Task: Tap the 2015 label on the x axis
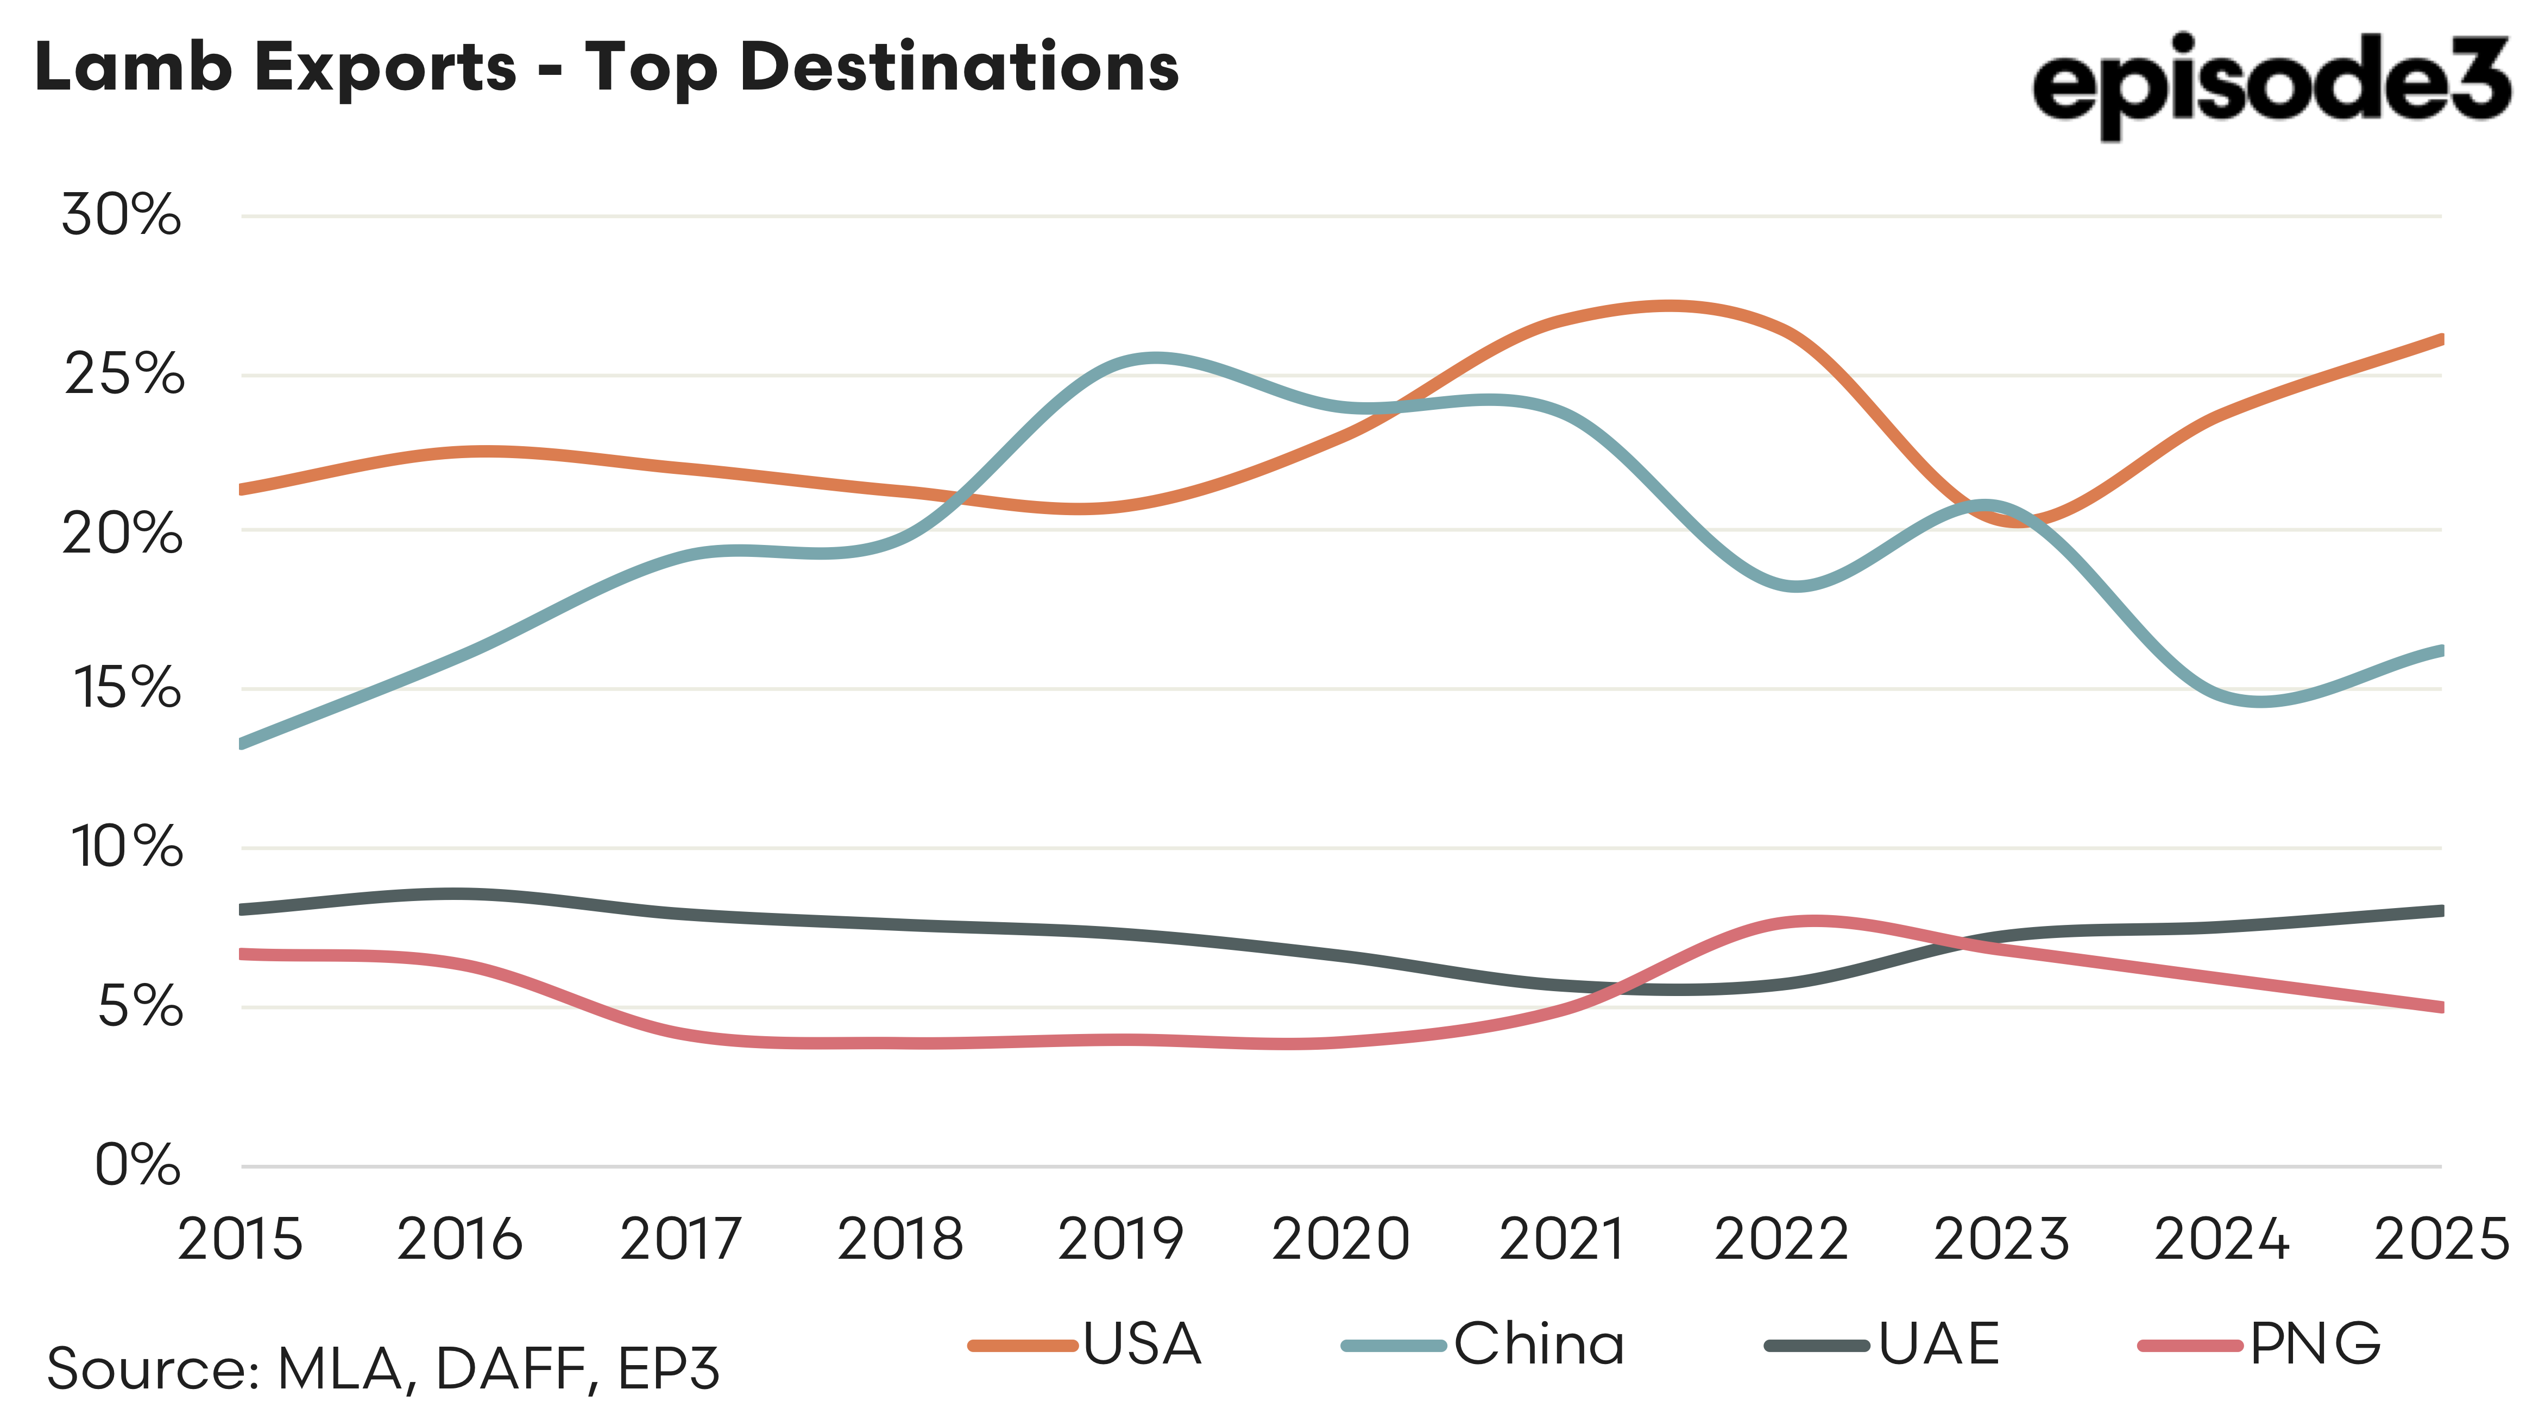pos(240,1240)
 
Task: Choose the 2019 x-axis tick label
pos(1120,1240)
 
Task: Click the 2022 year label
pos(1780,1240)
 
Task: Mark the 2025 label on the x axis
pos(2441,1240)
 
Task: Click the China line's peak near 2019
pos(1153,359)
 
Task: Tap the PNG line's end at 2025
pos(2439,1006)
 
